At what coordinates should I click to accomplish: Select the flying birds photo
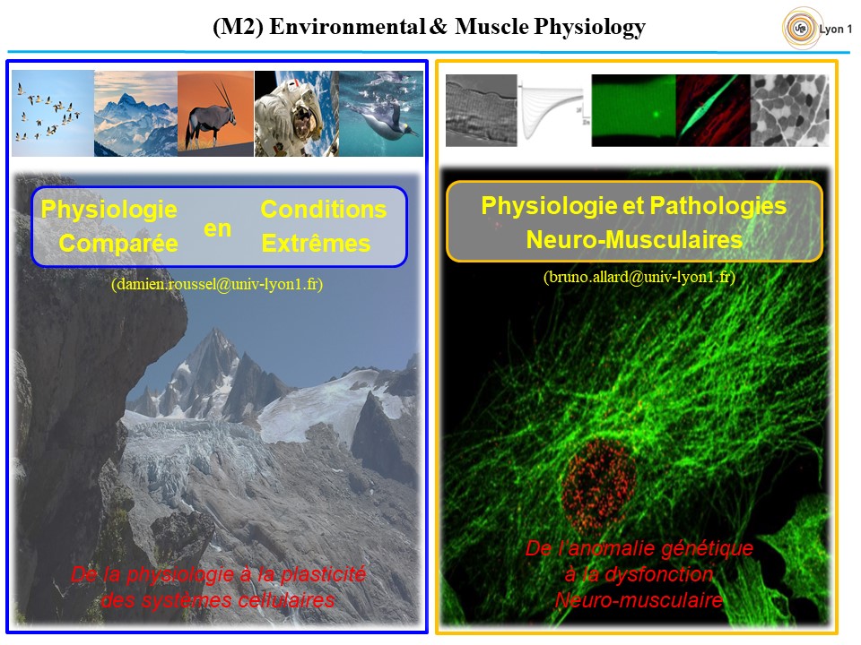point(53,113)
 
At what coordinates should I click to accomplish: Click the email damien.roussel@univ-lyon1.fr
point(217,284)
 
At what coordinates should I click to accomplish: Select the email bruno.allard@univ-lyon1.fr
point(639,277)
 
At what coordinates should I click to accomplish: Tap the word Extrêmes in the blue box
point(316,243)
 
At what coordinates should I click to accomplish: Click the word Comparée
point(118,244)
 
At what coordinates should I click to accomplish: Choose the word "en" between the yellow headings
point(217,228)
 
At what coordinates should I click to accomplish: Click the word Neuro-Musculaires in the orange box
point(634,240)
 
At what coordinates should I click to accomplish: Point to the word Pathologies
point(718,206)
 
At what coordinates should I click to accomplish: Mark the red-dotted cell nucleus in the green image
point(598,480)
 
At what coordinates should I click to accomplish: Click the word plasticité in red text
point(323,574)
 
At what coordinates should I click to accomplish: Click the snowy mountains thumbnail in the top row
point(135,113)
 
